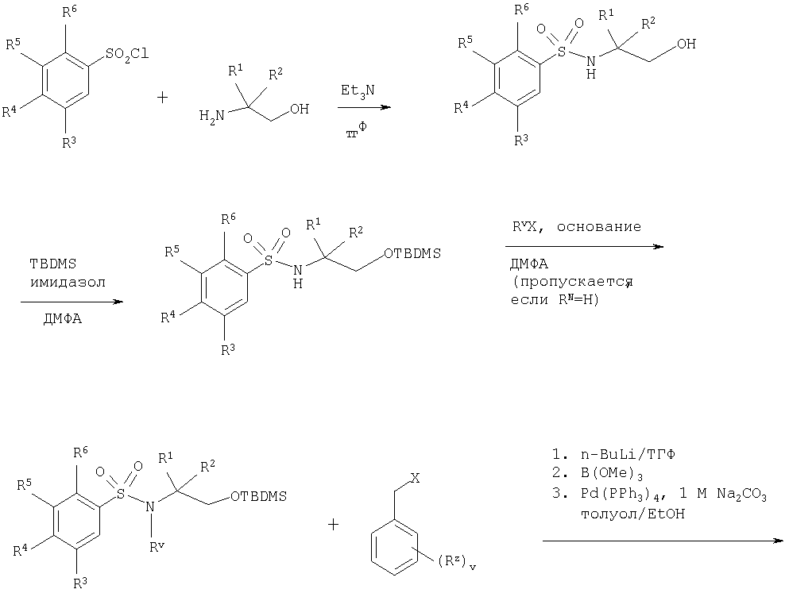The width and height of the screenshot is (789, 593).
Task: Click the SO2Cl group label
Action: point(127,54)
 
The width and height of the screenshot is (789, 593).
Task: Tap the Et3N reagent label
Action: point(358,91)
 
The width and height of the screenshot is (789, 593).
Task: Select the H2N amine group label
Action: point(211,116)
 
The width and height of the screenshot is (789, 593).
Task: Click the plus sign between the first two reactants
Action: point(162,97)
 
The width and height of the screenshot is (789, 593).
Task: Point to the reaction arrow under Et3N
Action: point(364,107)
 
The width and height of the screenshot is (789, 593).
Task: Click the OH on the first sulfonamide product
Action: point(687,44)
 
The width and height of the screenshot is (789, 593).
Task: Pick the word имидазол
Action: point(68,283)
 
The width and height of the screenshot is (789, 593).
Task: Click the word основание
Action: point(599,227)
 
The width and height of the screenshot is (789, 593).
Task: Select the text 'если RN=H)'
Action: point(555,301)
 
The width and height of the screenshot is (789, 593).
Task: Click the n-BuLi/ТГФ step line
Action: point(613,454)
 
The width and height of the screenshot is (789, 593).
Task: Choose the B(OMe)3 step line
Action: point(598,473)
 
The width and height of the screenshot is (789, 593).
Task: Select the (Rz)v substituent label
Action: point(455,560)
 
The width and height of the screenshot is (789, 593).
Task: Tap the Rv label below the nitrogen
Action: point(157,546)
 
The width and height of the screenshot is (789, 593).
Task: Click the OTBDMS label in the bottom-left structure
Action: point(258,496)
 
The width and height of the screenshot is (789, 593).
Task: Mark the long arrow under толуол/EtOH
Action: point(663,541)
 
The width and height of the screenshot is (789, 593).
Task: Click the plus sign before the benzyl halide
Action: point(333,526)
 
